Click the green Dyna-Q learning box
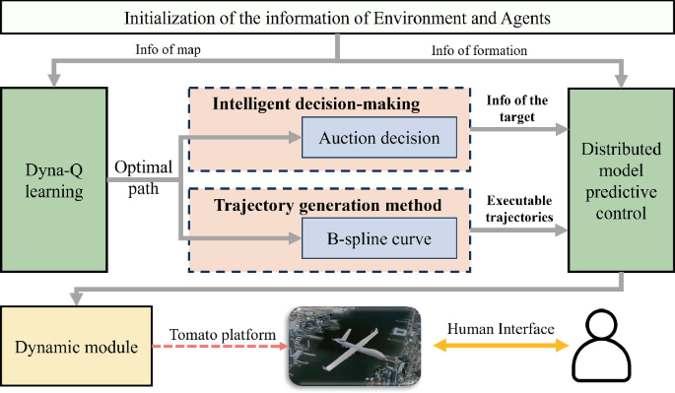pos(54,180)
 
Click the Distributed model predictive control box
pos(622,180)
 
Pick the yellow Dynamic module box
pos(76,346)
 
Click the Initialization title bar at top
pos(337,19)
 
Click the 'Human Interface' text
pos(501,329)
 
